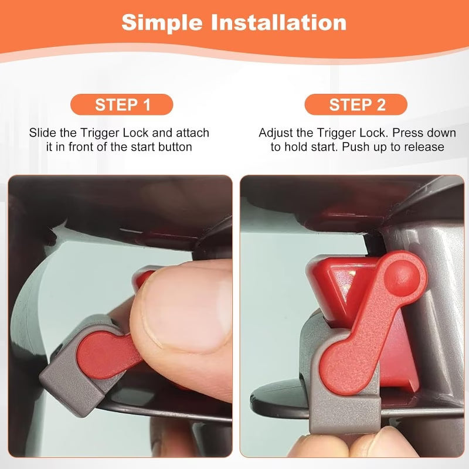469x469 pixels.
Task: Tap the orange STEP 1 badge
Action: pos(123,105)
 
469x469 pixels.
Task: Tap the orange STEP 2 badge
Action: pos(357,105)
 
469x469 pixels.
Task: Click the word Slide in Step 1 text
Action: pos(42,133)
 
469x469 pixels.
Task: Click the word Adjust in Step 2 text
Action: pos(276,133)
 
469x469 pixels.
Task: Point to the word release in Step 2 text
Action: pos(424,147)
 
